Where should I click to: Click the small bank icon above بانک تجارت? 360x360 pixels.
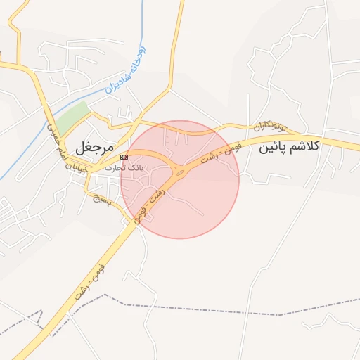(x=124, y=156)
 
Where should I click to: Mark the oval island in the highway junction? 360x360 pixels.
(x=181, y=171)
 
